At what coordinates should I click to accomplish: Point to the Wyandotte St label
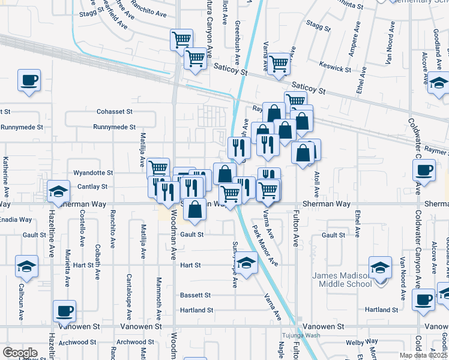point(93,173)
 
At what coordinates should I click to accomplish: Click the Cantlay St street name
point(92,187)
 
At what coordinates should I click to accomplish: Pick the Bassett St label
point(196,295)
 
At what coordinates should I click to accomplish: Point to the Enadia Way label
point(16,220)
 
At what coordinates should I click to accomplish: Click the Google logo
point(20,352)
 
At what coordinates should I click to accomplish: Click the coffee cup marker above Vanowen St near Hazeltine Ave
point(64,310)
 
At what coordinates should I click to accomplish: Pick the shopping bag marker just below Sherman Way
point(195,210)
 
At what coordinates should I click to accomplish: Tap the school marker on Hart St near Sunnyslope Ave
point(246,262)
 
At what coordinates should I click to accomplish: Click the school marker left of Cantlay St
point(58,191)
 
